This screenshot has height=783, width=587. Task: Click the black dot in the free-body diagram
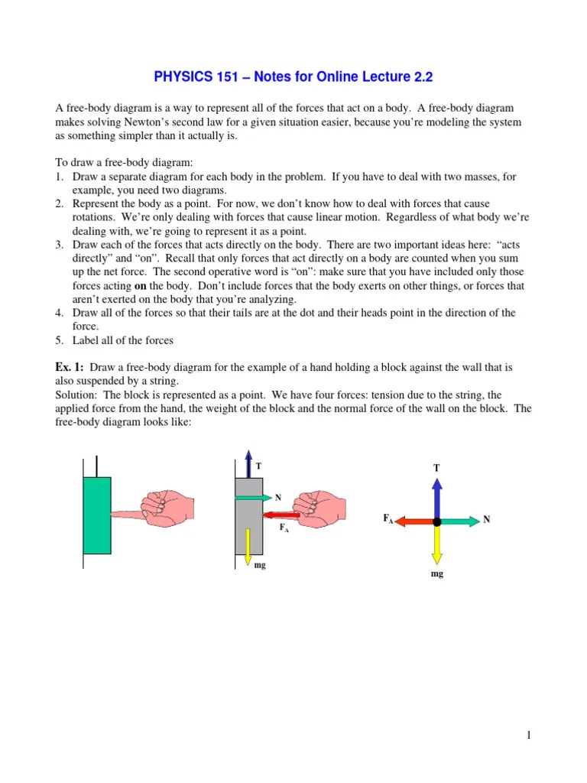click(x=436, y=521)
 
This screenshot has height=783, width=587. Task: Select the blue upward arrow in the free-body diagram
click(x=436, y=497)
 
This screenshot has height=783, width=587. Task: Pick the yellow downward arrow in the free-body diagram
click(x=436, y=545)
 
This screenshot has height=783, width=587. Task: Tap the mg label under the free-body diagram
click(x=436, y=573)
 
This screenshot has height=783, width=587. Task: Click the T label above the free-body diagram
click(x=436, y=467)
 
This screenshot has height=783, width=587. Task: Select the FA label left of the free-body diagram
click(x=388, y=518)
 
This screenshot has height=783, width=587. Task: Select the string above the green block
click(x=96, y=466)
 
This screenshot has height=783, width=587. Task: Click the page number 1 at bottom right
click(x=527, y=736)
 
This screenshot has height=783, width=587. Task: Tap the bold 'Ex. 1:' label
click(x=70, y=367)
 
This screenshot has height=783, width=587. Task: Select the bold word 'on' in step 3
click(x=141, y=286)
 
